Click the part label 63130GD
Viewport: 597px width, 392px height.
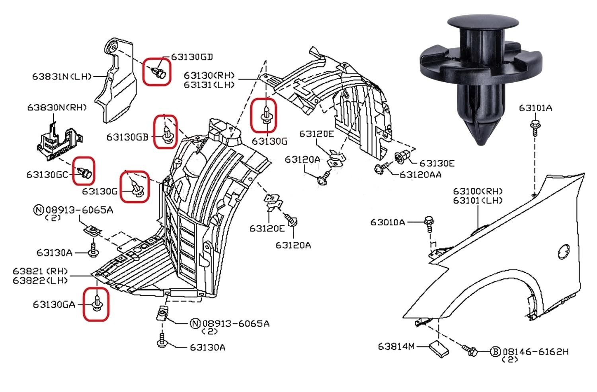(192, 57)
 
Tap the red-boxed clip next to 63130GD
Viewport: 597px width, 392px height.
(159, 72)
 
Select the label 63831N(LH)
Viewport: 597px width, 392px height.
(62, 77)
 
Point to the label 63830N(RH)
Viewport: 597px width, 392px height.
(57, 108)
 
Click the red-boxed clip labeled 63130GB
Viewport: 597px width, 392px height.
(167, 134)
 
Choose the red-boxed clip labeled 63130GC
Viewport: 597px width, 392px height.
(85, 172)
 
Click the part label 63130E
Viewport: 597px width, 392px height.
(437, 163)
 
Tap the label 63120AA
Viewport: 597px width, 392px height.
(421, 175)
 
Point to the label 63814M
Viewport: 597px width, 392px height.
(396, 346)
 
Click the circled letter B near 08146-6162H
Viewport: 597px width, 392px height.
(496, 352)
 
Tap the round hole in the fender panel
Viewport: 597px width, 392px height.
(564, 252)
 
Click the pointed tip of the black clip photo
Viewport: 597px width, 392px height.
(481, 144)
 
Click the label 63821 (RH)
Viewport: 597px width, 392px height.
(40, 272)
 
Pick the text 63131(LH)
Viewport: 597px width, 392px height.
(209, 85)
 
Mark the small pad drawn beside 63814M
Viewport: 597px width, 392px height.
(439, 348)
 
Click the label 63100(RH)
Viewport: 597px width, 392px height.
(478, 191)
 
